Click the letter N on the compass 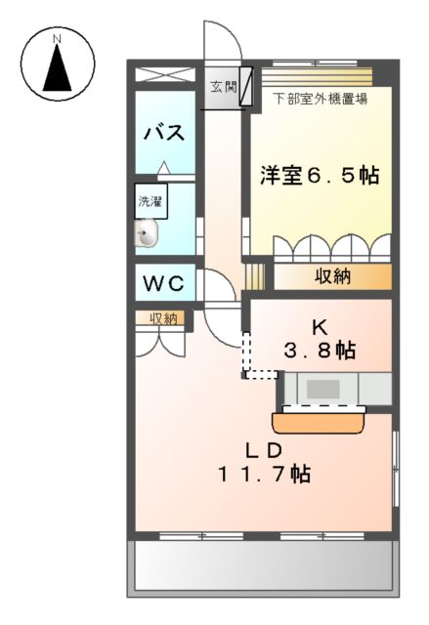(57, 39)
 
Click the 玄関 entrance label (223, 87)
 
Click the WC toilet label (165, 284)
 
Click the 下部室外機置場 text (320, 99)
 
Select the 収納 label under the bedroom (333, 276)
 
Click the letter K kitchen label (318, 327)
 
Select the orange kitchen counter (320, 422)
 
